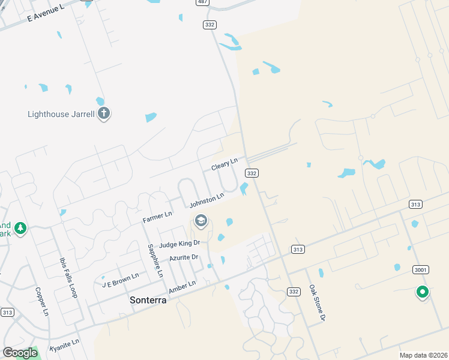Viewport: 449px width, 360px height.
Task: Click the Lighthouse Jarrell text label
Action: (61, 114)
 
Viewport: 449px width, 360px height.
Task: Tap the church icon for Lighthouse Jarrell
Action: (104, 113)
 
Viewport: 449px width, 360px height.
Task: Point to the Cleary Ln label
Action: (224, 164)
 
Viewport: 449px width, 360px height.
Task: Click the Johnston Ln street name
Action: (206, 201)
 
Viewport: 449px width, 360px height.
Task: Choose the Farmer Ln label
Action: (157, 217)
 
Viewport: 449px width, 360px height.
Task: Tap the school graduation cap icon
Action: (200, 222)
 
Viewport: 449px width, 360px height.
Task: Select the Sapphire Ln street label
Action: (154, 260)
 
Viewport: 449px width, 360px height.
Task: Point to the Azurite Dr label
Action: (183, 257)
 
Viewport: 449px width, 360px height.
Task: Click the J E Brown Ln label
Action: (120, 280)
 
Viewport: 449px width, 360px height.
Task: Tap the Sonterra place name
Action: (148, 299)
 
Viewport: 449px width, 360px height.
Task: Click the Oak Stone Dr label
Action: (316, 303)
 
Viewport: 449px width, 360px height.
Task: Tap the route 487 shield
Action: (202, 3)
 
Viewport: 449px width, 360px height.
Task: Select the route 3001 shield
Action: (421, 270)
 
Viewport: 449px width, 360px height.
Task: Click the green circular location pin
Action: (422, 292)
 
